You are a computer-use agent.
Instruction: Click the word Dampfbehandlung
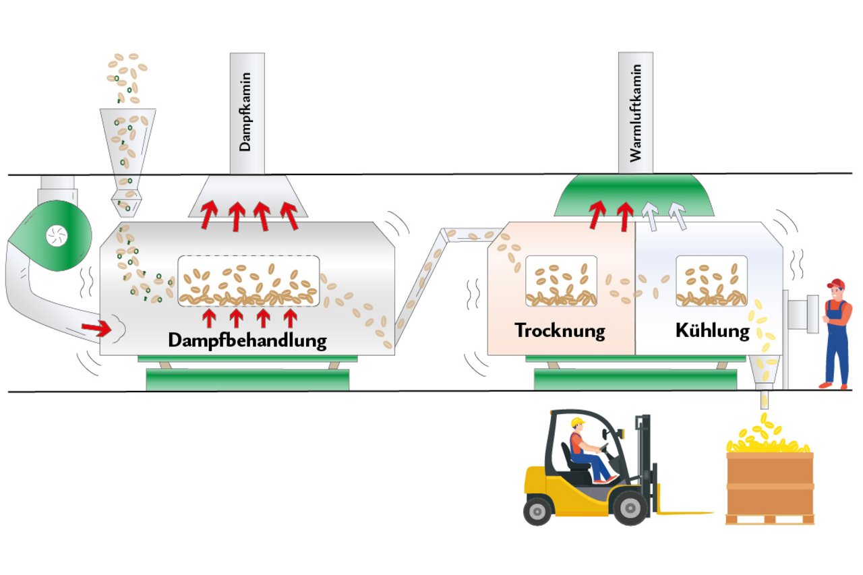(247, 340)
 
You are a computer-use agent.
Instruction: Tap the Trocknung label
(560, 331)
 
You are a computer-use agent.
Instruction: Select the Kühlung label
(712, 331)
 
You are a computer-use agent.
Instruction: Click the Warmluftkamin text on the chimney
(634, 111)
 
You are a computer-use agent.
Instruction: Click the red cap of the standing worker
(837, 283)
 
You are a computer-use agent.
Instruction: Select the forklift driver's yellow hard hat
(577, 423)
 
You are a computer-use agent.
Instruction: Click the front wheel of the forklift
(630, 508)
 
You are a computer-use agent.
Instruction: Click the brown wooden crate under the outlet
(769, 485)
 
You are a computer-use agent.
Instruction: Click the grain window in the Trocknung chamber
(561, 281)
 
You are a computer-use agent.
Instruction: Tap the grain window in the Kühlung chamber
(711, 281)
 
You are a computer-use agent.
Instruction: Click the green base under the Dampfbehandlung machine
(247, 380)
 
